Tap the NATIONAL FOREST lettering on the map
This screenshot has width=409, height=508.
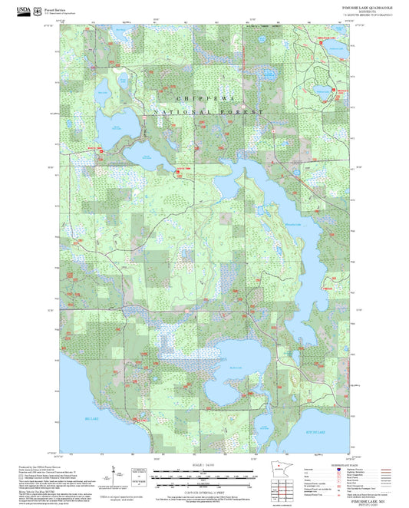click(x=208, y=112)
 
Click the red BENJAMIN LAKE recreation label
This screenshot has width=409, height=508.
click(x=327, y=37)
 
